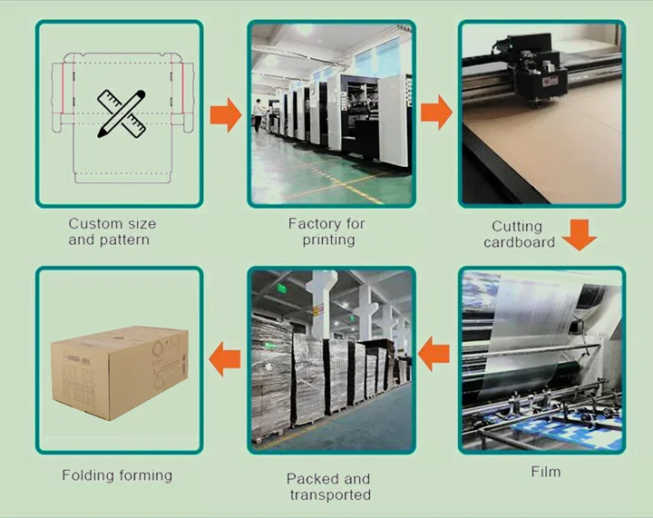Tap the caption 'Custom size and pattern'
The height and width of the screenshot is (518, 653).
tap(112, 231)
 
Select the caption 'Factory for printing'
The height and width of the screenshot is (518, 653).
tap(326, 231)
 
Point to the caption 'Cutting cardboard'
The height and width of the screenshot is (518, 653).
tap(519, 234)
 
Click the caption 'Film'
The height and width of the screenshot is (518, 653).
tap(545, 472)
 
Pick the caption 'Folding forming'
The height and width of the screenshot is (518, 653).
tap(117, 474)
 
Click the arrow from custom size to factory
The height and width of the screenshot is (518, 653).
tap(225, 114)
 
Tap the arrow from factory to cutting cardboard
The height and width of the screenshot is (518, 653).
tap(436, 113)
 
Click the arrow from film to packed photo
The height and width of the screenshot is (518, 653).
tap(436, 353)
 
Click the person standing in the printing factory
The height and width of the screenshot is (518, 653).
tap(258, 113)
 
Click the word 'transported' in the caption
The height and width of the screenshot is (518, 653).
tap(330, 494)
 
